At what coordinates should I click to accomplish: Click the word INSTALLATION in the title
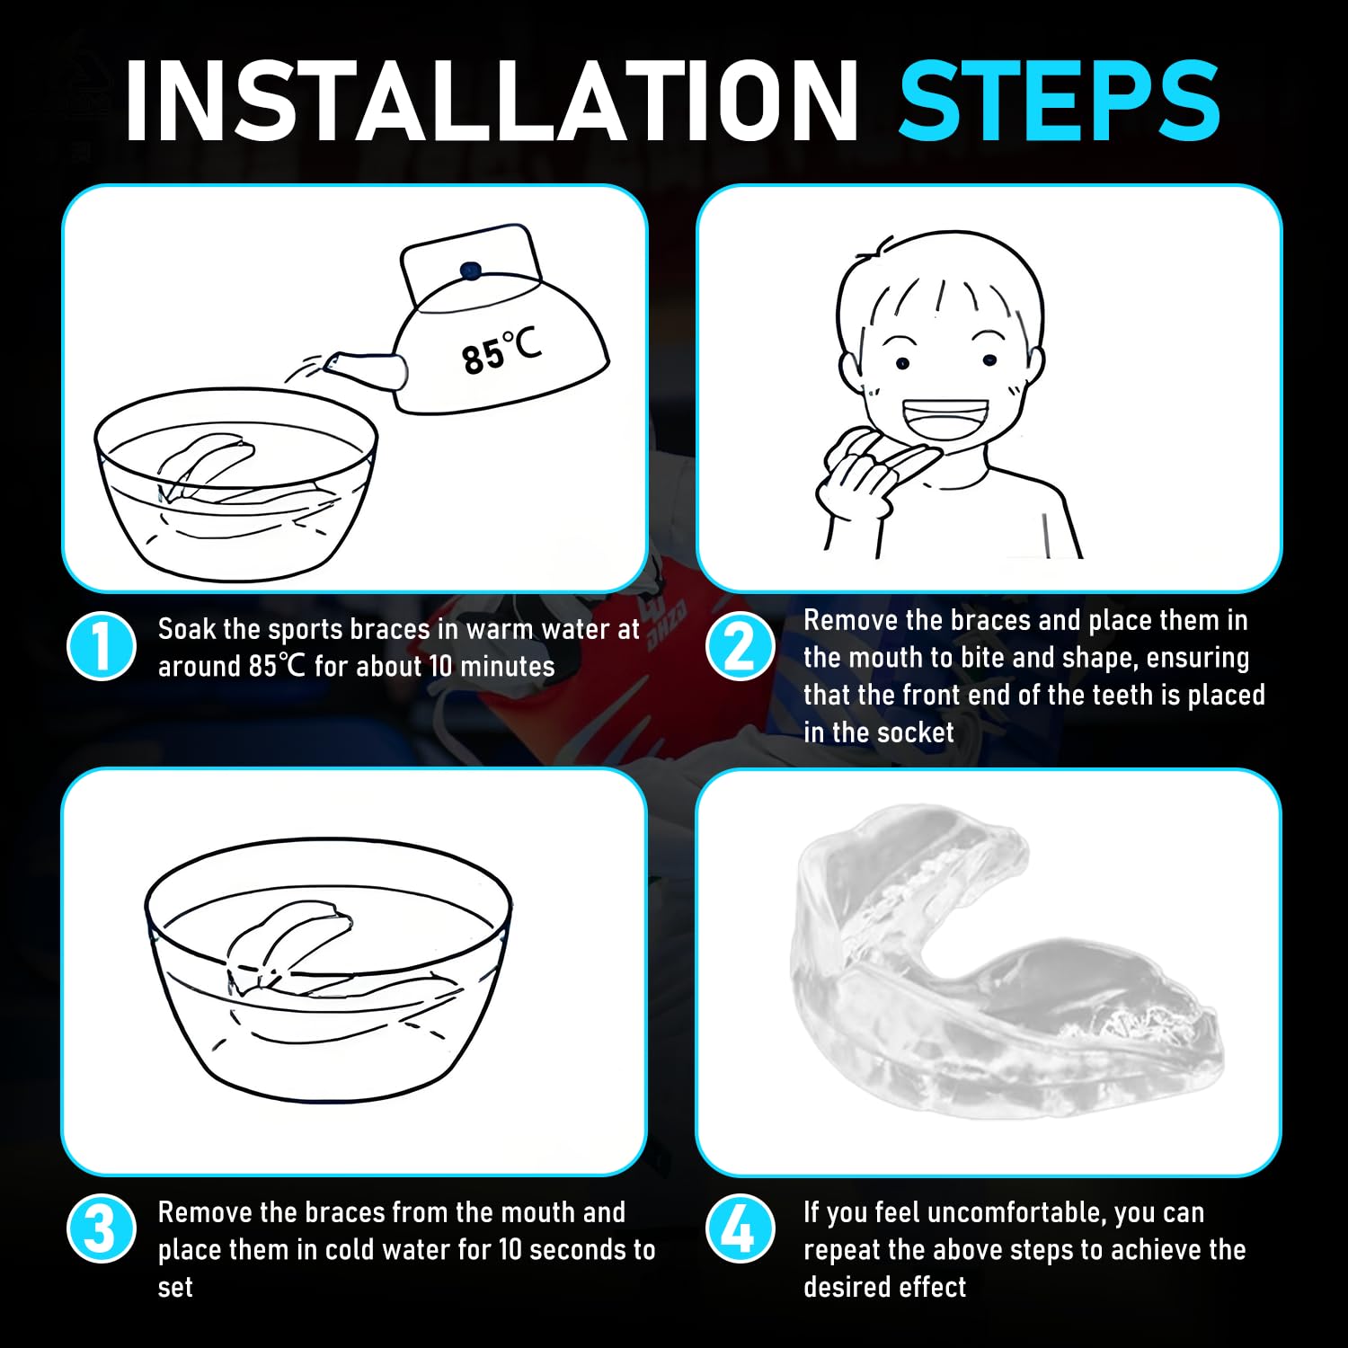click(x=492, y=100)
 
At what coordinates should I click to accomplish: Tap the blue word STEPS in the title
click(x=1060, y=100)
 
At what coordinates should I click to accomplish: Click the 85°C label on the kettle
click(x=501, y=350)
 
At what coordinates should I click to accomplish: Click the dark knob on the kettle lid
click(x=468, y=270)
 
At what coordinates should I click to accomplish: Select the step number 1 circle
click(x=102, y=646)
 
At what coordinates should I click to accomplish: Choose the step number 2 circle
click(x=740, y=646)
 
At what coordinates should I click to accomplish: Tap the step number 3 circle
click(x=102, y=1228)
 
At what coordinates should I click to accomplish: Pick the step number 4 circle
click(x=740, y=1228)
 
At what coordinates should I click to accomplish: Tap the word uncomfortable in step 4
click(x=1012, y=1213)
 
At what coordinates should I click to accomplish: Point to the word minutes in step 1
click(x=508, y=667)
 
